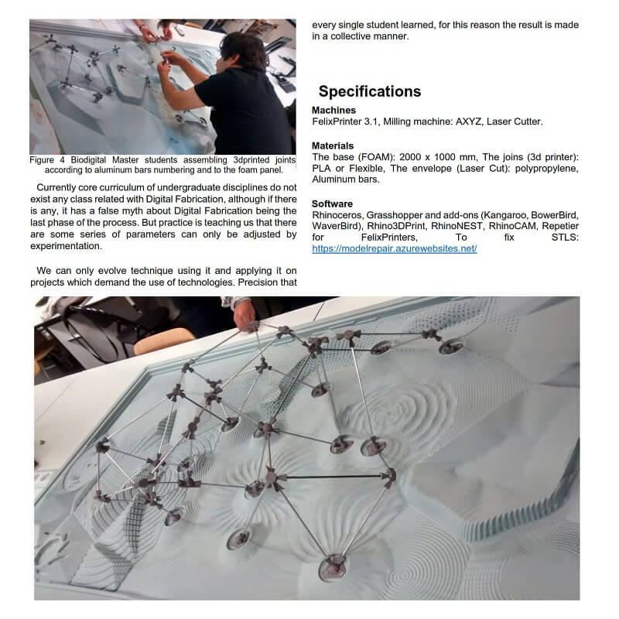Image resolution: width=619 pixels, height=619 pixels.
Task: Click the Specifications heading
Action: tap(370, 91)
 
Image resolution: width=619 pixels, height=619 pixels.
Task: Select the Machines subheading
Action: tap(333, 111)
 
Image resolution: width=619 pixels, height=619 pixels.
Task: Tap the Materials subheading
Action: tap(333, 145)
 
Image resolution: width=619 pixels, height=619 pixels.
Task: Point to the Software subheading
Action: tap(333, 203)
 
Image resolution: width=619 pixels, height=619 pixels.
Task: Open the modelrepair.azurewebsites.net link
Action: tap(394, 248)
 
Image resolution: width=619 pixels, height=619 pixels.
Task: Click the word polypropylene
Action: tap(542, 168)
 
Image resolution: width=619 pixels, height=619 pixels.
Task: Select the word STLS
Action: tap(564, 238)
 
